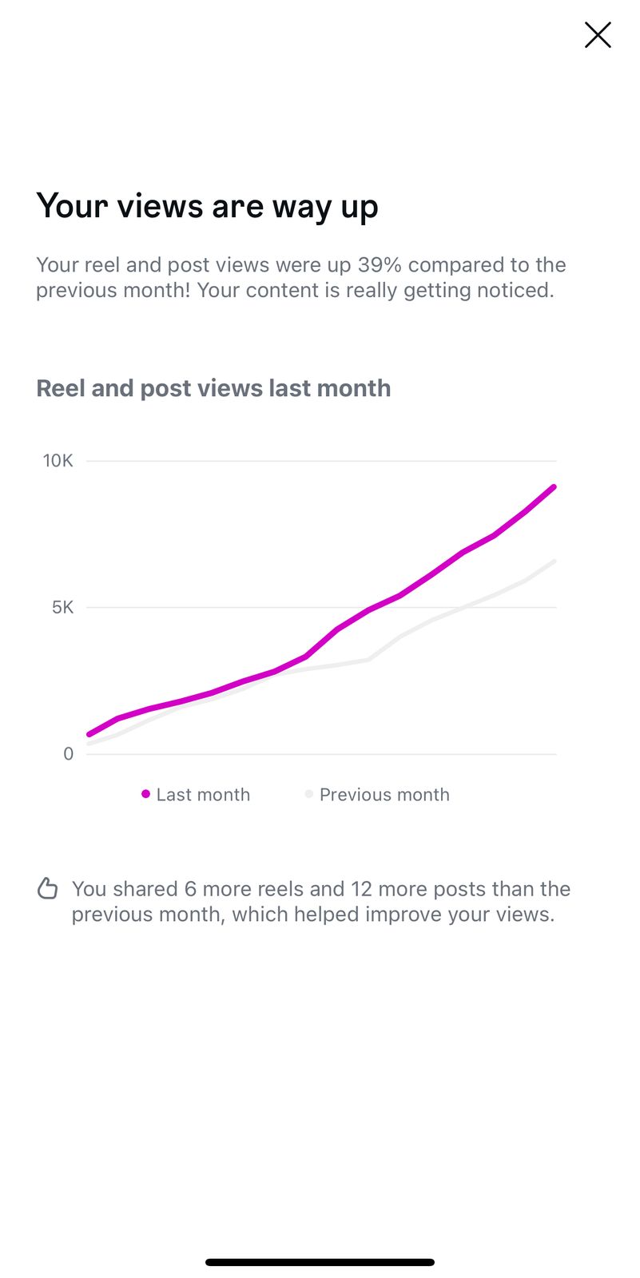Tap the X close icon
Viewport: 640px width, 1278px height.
(598, 35)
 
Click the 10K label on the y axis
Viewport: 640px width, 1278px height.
(58, 461)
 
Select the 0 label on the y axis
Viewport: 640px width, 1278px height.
(69, 754)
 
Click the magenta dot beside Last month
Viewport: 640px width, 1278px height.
(145, 794)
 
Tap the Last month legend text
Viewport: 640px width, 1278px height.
(203, 795)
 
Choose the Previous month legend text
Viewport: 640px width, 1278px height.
(384, 795)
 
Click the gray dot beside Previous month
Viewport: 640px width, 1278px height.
(308, 794)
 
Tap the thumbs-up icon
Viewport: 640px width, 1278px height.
(48, 888)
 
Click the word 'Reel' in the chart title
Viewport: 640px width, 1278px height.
(61, 388)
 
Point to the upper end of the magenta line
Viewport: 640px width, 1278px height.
(553, 487)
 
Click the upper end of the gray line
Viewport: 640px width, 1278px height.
(554, 562)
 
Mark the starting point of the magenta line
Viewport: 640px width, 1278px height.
(89, 734)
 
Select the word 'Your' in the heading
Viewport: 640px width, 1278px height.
(72, 206)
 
